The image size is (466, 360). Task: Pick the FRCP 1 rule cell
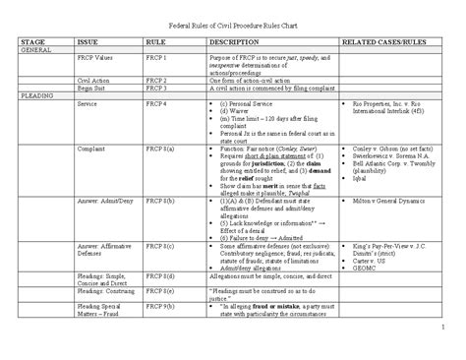[x=157, y=60]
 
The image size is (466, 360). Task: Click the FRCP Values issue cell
[x=98, y=60]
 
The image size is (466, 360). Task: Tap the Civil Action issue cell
[x=94, y=84]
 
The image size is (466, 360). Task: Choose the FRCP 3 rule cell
[x=157, y=91]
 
